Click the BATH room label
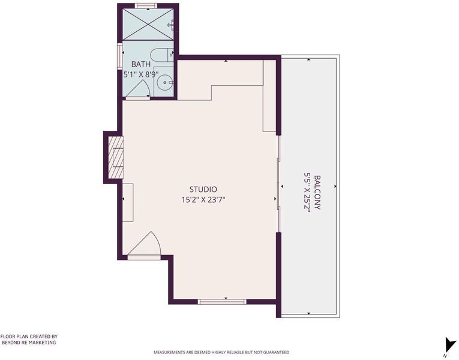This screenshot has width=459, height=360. [141, 64]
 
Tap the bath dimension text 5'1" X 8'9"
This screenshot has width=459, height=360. [141, 74]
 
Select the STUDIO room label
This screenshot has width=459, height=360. [203, 190]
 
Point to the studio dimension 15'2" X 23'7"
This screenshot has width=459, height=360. [203, 200]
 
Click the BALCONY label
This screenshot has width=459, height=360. [317, 192]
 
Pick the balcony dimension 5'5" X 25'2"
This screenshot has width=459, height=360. [307, 193]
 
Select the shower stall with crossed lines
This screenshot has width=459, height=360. [148, 24]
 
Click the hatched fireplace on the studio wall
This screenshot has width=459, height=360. [116, 157]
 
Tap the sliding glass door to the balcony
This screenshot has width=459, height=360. [278, 184]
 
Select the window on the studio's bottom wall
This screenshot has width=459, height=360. [222, 302]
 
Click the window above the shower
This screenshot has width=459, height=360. [146, 6]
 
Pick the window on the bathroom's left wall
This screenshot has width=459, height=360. [119, 56]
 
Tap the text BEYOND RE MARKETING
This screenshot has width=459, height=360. [29, 343]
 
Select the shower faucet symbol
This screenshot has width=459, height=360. [171, 25]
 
